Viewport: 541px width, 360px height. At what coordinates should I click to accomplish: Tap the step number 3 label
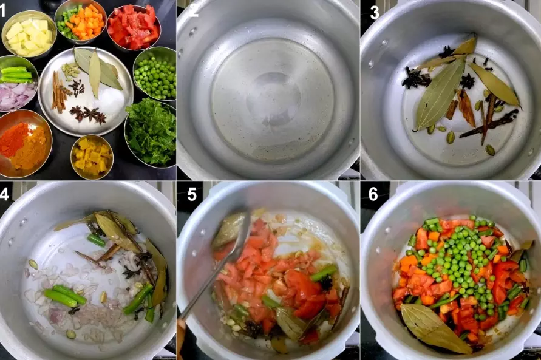tap(375, 12)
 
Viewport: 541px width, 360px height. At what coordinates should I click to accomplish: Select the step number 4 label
tap(7, 194)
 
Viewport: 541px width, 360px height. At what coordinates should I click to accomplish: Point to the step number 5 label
tap(192, 194)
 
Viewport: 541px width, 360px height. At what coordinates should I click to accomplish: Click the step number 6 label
tap(373, 194)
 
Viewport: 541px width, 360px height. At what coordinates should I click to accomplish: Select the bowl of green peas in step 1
tap(154, 75)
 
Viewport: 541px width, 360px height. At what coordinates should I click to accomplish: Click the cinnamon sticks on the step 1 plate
tap(58, 91)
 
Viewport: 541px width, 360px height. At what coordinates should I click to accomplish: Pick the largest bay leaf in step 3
tap(438, 94)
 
